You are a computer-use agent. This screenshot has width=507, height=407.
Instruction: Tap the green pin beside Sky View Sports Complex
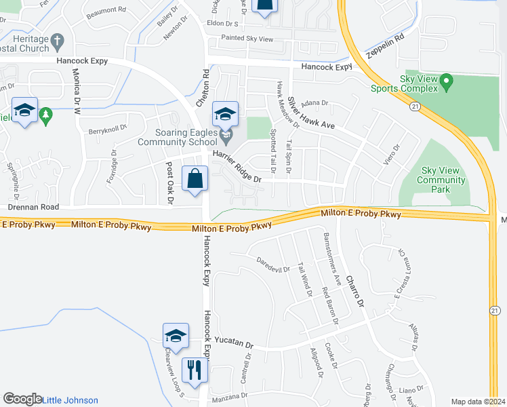(x=446, y=83)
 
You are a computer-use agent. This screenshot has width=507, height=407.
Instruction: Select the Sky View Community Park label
(x=441, y=180)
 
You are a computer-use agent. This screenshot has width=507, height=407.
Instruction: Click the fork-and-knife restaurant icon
(x=195, y=370)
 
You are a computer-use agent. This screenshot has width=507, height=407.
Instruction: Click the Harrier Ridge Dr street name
(x=237, y=167)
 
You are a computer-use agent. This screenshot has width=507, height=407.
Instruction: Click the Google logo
(x=22, y=399)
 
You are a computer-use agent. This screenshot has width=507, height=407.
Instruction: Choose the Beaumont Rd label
(x=106, y=10)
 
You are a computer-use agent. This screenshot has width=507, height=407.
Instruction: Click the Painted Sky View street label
(x=247, y=39)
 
